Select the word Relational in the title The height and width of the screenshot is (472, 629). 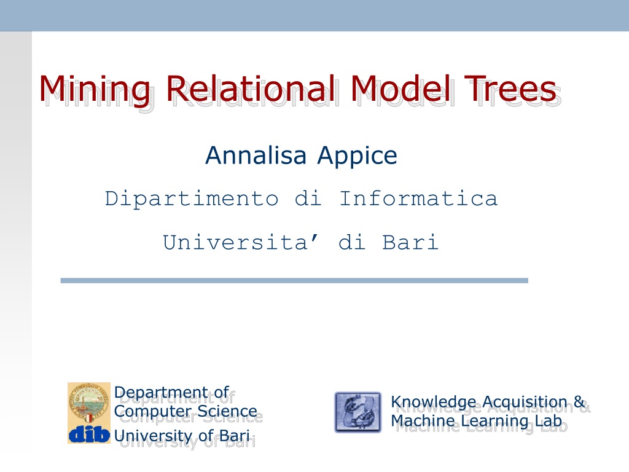250,88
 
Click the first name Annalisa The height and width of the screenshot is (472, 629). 256,155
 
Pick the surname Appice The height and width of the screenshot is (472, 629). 357,157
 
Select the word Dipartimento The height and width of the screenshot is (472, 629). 192,199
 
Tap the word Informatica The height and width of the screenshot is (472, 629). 418,198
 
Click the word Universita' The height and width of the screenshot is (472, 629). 241,242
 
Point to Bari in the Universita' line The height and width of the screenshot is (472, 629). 410,242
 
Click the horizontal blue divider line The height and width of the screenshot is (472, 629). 294,280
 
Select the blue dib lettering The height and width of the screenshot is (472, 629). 89,434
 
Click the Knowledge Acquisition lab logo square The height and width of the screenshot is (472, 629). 358,412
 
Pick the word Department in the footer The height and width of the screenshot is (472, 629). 161,393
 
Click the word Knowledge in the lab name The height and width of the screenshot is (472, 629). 434,402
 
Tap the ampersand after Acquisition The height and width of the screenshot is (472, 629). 579,401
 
